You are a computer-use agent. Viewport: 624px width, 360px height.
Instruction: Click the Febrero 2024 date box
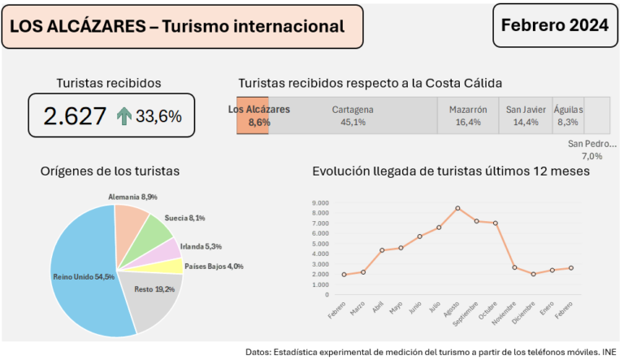[555, 25]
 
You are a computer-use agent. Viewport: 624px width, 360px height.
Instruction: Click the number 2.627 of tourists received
[75, 116]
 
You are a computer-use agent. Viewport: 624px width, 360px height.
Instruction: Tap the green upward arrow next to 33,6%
[123, 116]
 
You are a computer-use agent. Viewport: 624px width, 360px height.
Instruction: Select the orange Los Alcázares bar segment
[252, 115]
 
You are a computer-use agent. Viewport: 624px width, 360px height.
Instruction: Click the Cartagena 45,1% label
[353, 115]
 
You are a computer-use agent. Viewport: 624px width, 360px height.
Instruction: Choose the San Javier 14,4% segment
[525, 115]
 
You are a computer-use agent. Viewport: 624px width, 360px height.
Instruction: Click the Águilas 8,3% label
[568, 115]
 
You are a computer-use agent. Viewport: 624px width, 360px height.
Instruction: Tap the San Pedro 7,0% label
[591, 150]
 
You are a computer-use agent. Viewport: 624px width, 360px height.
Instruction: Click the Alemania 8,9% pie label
[132, 197]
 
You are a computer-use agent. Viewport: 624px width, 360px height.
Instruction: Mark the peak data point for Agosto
[457, 208]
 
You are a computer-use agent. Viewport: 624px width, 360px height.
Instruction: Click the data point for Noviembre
[514, 267]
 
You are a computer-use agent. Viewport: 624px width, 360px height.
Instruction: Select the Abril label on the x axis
[378, 309]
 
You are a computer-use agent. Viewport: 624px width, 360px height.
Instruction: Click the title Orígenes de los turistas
[110, 171]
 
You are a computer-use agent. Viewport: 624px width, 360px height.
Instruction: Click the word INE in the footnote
[609, 352]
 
